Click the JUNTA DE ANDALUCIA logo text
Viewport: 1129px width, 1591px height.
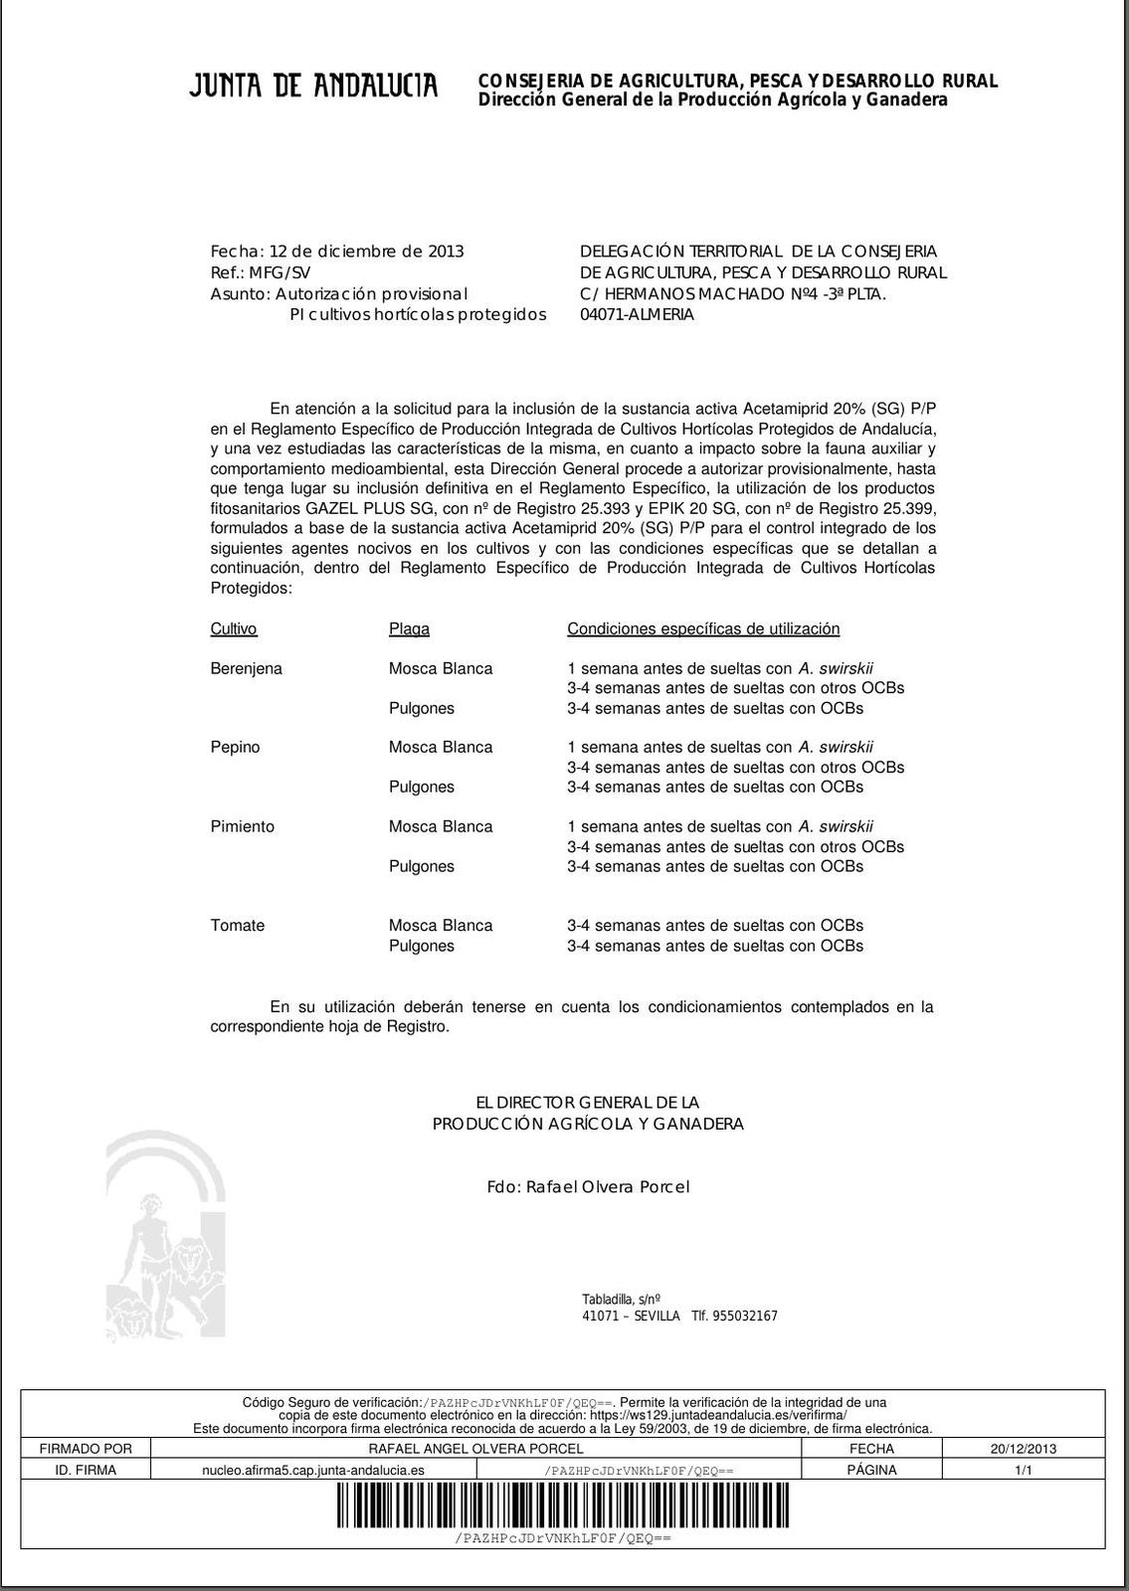[x=313, y=87]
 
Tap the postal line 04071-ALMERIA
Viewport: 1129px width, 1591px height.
[x=637, y=314]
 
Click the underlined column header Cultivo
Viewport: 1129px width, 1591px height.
[x=234, y=628]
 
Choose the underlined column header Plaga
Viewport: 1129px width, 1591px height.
[x=409, y=628]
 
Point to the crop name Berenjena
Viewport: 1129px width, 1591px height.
[x=246, y=668]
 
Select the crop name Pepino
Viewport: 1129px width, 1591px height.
[x=235, y=747]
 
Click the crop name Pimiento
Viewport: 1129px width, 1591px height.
[x=242, y=826]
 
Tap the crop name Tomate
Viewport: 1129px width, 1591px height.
[x=237, y=925]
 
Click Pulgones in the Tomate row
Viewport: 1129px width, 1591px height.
[x=421, y=946]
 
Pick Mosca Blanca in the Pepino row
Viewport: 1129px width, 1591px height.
[x=440, y=747]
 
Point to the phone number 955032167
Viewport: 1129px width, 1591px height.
[x=745, y=1316]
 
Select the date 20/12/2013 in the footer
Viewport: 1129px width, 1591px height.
[x=1023, y=1449]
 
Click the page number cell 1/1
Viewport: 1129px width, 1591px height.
[x=1023, y=1470]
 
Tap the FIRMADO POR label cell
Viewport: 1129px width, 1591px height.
[x=86, y=1449]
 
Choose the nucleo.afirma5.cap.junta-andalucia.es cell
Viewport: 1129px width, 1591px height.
[x=313, y=1470]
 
